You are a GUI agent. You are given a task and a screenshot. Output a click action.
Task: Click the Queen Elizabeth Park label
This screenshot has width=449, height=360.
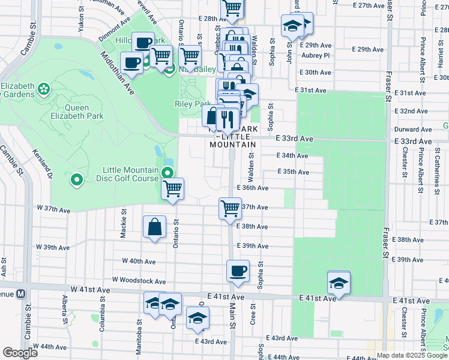(x=77, y=112)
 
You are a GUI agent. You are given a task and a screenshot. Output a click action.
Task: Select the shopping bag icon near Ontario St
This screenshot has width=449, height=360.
(x=154, y=227)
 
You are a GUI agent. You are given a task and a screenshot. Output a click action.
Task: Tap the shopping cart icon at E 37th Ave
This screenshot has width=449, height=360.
(x=230, y=209)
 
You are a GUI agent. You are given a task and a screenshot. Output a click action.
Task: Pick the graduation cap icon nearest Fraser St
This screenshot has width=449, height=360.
(x=339, y=283)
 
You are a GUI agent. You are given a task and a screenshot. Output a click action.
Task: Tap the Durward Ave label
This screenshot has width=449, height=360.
(x=411, y=129)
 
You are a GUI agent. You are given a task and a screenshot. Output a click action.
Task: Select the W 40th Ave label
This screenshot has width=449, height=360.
(x=139, y=262)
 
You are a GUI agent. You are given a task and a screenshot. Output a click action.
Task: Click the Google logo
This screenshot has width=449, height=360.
(x=20, y=353)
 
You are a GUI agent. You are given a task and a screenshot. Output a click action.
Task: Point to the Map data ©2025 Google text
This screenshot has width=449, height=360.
(x=412, y=355)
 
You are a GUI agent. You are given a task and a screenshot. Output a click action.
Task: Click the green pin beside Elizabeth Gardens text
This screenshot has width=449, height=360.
(x=44, y=89)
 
